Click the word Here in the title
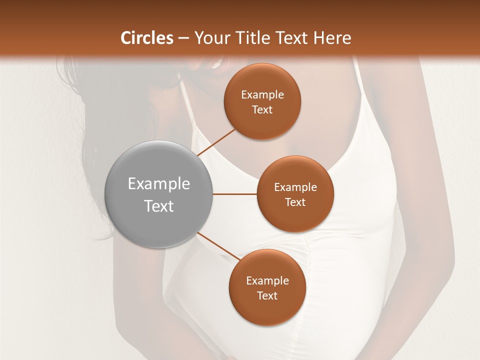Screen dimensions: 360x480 [x=332, y=38]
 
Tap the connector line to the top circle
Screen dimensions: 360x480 [x=216, y=142]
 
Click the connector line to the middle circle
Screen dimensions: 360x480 [x=235, y=194]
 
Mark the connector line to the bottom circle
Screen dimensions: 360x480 [x=218, y=245]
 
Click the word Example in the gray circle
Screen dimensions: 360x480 [x=159, y=184]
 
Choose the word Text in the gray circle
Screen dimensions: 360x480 [x=159, y=206]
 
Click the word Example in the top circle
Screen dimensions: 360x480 [x=262, y=95]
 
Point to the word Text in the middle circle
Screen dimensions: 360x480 [x=295, y=202]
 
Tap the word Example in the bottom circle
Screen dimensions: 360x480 [x=267, y=281]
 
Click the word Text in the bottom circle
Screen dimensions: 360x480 [x=267, y=296]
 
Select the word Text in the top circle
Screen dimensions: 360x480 [x=262, y=110]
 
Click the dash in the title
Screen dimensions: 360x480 [x=183, y=38]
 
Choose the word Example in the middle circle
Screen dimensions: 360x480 [x=295, y=187]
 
